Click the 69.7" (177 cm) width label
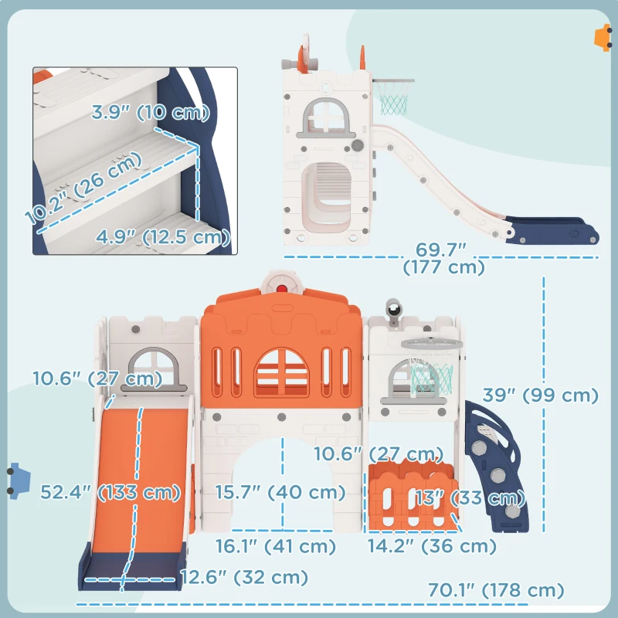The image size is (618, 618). [443, 259]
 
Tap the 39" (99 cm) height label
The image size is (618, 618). [540, 396]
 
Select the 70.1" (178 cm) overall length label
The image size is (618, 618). [496, 590]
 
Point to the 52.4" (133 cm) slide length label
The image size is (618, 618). [110, 492]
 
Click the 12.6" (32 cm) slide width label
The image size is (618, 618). [244, 577]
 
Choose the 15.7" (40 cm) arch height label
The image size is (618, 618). [280, 492]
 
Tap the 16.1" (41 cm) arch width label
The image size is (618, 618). [276, 546]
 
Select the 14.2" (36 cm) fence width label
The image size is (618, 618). [432, 546]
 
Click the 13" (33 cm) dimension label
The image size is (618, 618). [470, 497]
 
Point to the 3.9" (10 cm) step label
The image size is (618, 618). [151, 112]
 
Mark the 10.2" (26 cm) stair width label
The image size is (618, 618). [83, 187]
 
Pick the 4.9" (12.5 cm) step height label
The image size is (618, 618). [163, 237]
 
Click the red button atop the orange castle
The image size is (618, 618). [281, 289]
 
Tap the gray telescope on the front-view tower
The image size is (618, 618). [393, 311]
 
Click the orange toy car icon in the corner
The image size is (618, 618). [603, 37]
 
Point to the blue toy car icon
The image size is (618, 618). [19, 480]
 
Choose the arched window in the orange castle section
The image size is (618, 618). [281, 372]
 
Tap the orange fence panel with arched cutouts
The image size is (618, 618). [413, 496]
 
